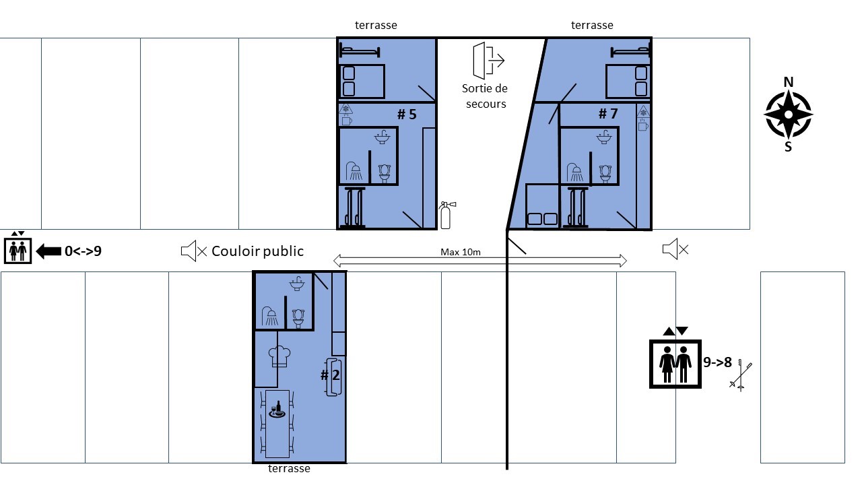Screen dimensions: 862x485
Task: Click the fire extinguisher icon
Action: pyautogui.click(x=446, y=215)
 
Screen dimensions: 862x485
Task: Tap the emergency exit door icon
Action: pyautogui.click(x=488, y=61)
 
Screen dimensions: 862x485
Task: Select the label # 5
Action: pyautogui.click(x=407, y=115)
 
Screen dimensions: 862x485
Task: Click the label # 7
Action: pyautogui.click(x=608, y=114)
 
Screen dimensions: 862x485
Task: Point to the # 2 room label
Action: pyautogui.click(x=330, y=375)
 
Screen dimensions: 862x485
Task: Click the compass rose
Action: pyautogui.click(x=789, y=115)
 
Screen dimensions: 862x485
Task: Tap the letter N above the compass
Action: pyautogui.click(x=789, y=82)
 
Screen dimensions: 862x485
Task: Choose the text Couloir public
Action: pyautogui.click(x=257, y=251)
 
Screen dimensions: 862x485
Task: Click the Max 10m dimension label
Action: pyautogui.click(x=461, y=252)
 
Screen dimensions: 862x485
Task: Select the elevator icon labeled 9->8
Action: pyautogui.click(x=675, y=364)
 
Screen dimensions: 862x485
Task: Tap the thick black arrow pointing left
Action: pyautogui.click(x=48, y=251)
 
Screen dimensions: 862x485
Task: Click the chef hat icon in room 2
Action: pyautogui.click(x=279, y=357)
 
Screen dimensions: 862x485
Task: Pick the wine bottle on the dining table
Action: pyautogui.click(x=279, y=408)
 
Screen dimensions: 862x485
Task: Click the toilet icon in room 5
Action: pyautogui.click(x=385, y=174)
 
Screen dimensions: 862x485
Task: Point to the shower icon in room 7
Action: pyautogui.click(x=575, y=172)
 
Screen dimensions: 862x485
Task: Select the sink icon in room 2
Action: pyautogui.click(x=297, y=284)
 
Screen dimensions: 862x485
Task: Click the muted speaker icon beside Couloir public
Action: pyautogui.click(x=194, y=251)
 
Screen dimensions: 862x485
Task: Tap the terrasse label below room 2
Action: pyautogui.click(x=289, y=469)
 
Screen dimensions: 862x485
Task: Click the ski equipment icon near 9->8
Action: pyautogui.click(x=741, y=375)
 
